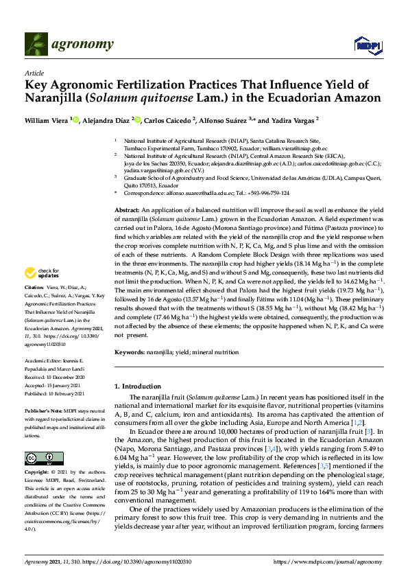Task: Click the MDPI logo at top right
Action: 367,45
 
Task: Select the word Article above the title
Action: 34,73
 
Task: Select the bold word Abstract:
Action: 128,209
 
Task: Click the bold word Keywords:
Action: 130,352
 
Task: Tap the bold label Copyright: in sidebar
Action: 38,454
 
